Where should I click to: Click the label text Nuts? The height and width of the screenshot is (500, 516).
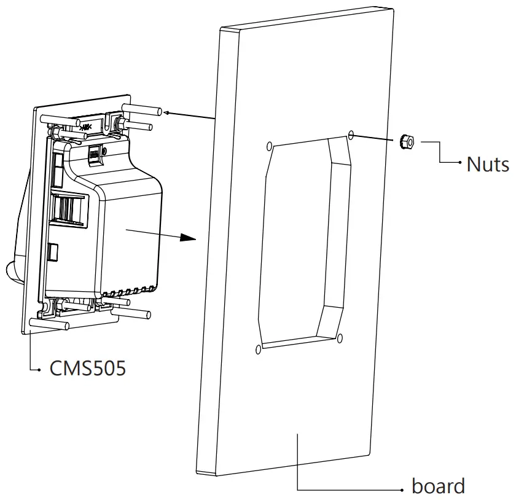[x=487, y=164]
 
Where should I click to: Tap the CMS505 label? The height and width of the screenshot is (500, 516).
[x=88, y=369]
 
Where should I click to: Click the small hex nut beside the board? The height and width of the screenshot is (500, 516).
[x=405, y=141]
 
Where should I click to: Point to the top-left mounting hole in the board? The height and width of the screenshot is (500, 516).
[x=270, y=146]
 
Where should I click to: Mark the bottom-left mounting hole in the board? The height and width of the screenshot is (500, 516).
[x=257, y=350]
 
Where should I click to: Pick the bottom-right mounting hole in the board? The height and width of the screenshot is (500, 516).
[x=339, y=336]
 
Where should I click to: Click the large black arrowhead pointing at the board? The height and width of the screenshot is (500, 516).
[x=187, y=238]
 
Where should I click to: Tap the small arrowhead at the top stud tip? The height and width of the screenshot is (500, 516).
[x=168, y=112]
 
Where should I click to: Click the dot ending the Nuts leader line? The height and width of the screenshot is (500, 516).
[x=460, y=163]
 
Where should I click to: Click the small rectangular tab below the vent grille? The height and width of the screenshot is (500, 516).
[x=53, y=251]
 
